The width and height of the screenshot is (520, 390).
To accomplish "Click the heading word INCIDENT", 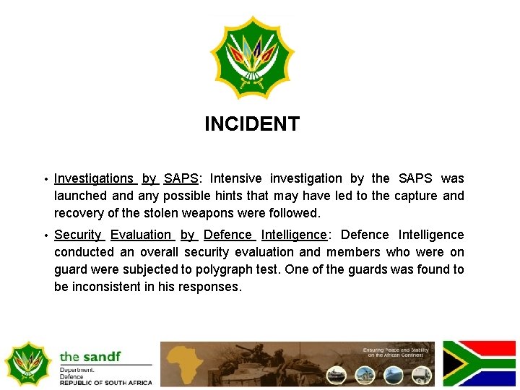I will pyautogui.click(x=251, y=124).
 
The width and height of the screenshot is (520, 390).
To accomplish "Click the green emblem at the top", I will pyautogui.click(x=252, y=58).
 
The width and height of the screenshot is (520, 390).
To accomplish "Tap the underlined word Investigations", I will pyautogui.click(x=94, y=178).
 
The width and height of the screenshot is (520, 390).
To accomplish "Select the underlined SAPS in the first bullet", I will pyautogui.click(x=181, y=178).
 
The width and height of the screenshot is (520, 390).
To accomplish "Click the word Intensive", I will pyautogui.click(x=236, y=178).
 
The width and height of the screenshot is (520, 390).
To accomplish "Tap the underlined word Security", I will pyautogui.click(x=78, y=235).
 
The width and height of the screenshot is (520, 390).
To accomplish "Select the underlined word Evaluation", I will pyautogui.click(x=141, y=235).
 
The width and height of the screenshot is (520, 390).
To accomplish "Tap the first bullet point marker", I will pyautogui.click(x=45, y=179).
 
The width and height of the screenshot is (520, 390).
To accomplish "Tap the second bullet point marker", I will pyautogui.click(x=45, y=235).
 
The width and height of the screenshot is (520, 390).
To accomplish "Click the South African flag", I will pyautogui.click(x=479, y=363).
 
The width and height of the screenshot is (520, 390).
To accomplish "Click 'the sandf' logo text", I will pyautogui.click(x=91, y=356).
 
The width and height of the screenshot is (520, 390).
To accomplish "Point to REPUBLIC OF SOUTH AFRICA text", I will pyautogui.click(x=106, y=383).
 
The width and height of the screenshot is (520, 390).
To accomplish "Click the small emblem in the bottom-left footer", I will pyautogui.click(x=27, y=363).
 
